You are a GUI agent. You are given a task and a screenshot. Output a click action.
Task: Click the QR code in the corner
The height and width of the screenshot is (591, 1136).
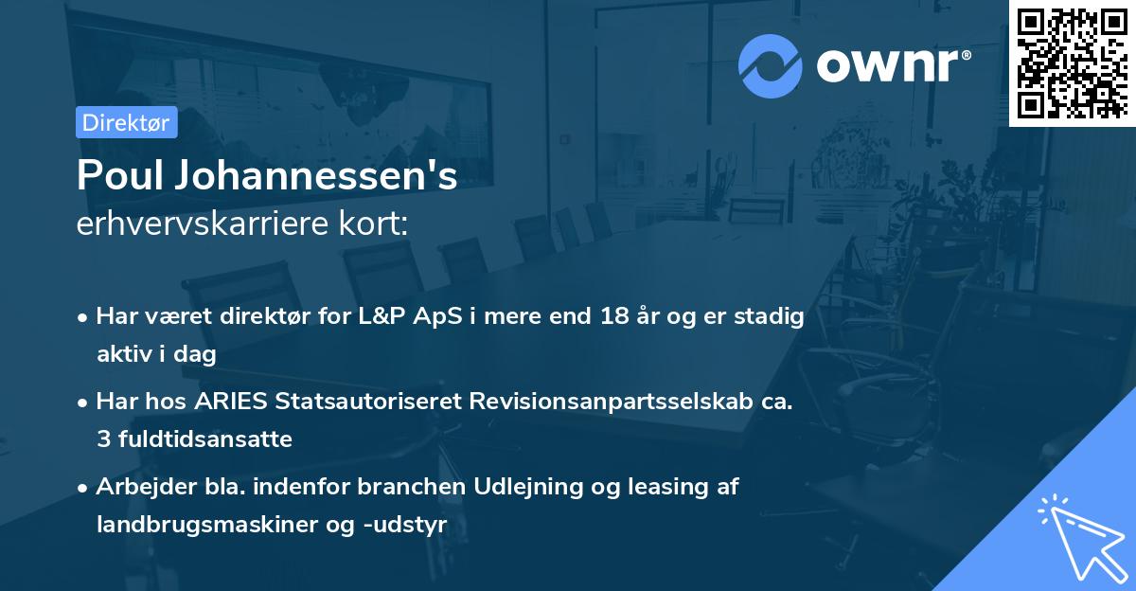tap(1072, 63)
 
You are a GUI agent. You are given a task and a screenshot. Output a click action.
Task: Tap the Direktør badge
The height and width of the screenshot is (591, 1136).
tap(126, 122)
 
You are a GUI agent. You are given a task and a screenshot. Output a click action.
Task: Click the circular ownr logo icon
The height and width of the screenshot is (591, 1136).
tap(771, 65)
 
